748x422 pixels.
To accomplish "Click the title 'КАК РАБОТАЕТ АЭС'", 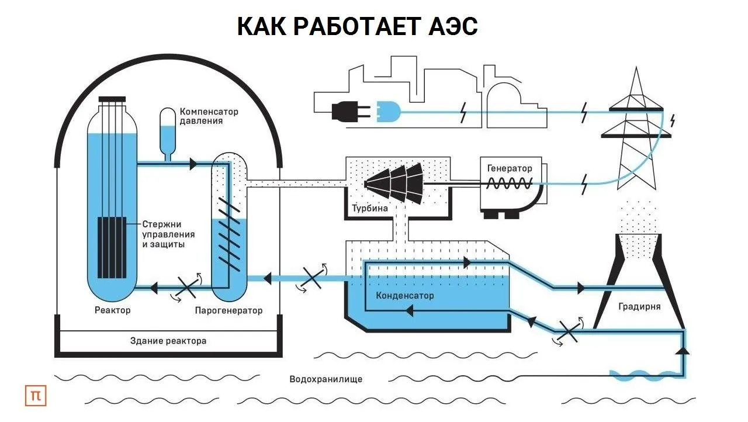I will coord(357,27).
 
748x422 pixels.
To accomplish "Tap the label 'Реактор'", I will coord(112,310).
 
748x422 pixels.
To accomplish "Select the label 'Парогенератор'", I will coord(228,310).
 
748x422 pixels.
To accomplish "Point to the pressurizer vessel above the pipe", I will coord(168,130).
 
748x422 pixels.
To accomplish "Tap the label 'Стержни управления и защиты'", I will coord(168,234).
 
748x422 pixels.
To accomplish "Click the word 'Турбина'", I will coord(370,209).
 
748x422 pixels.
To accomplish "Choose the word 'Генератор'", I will coord(510,168).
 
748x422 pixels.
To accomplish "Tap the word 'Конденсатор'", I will coord(405,295).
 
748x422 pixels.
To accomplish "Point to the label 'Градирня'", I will coord(639,306).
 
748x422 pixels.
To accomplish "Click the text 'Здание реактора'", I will coord(168,340).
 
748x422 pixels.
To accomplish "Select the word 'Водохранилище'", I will coord(325,379).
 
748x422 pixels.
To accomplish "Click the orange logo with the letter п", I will coord(36,396).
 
